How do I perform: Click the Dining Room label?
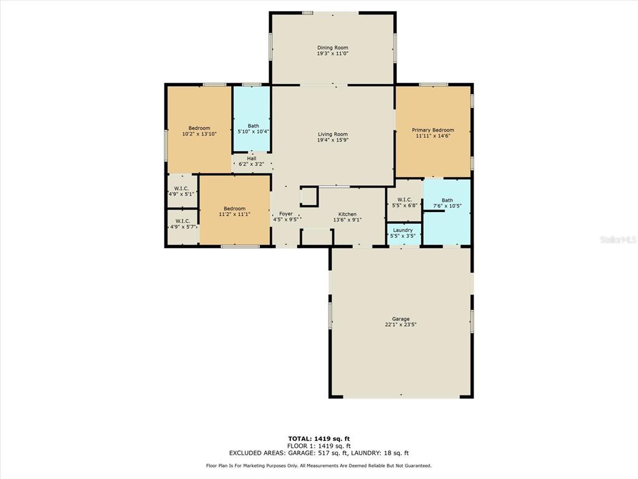(x=333, y=47)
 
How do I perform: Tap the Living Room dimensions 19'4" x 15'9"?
(x=333, y=140)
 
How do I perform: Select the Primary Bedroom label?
(x=433, y=130)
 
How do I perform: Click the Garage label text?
(x=401, y=319)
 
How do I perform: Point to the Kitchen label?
(x=348, y=215)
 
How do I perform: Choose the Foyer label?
(x=285, y=214)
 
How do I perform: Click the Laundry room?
(x=403, y=235)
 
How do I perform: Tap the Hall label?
(x=252, y=158)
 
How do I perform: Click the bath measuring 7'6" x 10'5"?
(x=447, y=212)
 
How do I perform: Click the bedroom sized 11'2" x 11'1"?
(x=235, y=210)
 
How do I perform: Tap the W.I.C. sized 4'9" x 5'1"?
(x=183, y=191)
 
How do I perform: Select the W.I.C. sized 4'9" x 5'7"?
(x=183, y=227)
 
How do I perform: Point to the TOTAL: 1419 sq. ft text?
(x=319, y=438)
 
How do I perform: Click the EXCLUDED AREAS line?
(x=319, y=453)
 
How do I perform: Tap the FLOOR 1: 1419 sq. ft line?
(x=319, y=446)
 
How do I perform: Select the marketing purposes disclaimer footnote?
(x=319, y=465)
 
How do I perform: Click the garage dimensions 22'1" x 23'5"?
(x=401, y=324)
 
